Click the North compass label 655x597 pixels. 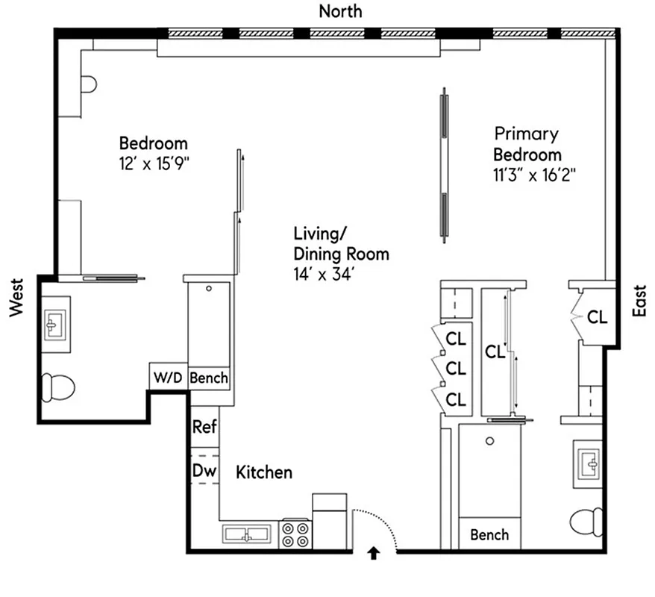[340, 10]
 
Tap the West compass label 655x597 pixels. [16, 297]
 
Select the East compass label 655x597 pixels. [639, 301]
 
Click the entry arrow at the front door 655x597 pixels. [374, 553]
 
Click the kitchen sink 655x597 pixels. [249, 534]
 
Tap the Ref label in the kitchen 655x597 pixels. [204, 427]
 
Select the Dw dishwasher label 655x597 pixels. [204, 471]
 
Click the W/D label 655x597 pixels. [168, 378]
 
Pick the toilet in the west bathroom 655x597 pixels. [58, 387]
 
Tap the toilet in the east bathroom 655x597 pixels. [588, 521]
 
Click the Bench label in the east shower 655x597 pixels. [490, 534]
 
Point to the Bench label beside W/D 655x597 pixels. [209, 378]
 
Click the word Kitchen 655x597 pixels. [264, 472]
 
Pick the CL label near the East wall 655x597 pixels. [597, 316]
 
